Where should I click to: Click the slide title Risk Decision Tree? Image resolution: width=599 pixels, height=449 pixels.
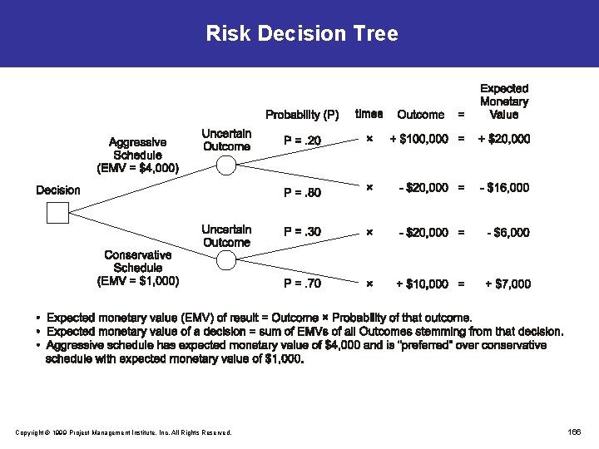[x=301, y=34]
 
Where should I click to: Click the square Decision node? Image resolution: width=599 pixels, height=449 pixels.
[x=57, y=213]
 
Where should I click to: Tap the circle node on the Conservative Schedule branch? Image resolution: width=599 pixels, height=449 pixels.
[x=225, y=261]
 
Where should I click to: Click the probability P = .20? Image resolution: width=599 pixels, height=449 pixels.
[x=302, y=140]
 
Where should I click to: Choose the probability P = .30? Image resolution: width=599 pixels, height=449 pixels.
[x=302, y=233]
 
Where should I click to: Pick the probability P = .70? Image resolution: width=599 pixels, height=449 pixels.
[x=302, y=284]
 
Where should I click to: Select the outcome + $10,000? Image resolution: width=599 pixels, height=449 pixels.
[x=422, y=284]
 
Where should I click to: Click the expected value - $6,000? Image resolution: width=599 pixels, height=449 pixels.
[x=507, y=233]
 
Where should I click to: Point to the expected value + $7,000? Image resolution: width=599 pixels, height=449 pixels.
[x=507, y=284]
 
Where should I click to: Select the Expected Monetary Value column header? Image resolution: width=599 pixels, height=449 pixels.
[x=504, y=101]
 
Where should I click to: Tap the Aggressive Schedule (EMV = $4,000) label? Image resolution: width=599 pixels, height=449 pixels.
[x=137, y=155]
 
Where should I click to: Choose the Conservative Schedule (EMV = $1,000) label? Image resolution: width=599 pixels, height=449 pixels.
[x=137, y=268]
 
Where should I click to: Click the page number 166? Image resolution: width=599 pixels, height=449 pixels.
[x=574, y=432]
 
